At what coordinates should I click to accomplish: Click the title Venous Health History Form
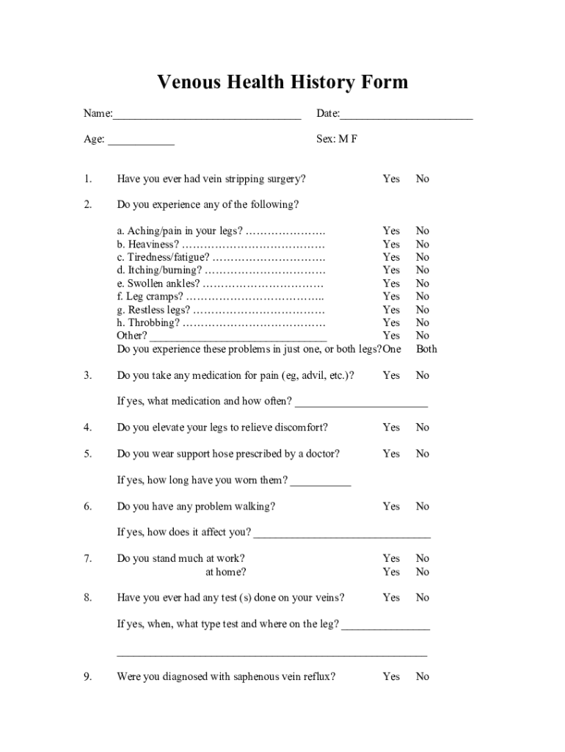[x=282, y=82]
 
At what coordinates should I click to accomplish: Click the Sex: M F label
[x=337, y=139]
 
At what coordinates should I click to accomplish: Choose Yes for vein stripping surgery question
[x=391, y=178]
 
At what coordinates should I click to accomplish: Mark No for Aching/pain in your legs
[x=423, y=231]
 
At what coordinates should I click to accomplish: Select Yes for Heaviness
[x=391, y=244]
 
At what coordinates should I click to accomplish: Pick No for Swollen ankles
[x=423, y=283]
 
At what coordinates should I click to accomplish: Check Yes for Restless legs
[x=391, y=310]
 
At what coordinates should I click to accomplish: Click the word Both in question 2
[x=426, y=349]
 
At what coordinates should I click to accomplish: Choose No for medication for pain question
[x=423, y=375]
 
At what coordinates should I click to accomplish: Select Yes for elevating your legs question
[x=391, y=427]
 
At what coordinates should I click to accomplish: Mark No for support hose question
[x=423, y=454]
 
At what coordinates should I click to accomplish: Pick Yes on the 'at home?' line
[x=391, y=572]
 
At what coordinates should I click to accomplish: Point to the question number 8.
[x=88, y=598]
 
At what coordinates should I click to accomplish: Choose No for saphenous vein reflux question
[x=423, y=676]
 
